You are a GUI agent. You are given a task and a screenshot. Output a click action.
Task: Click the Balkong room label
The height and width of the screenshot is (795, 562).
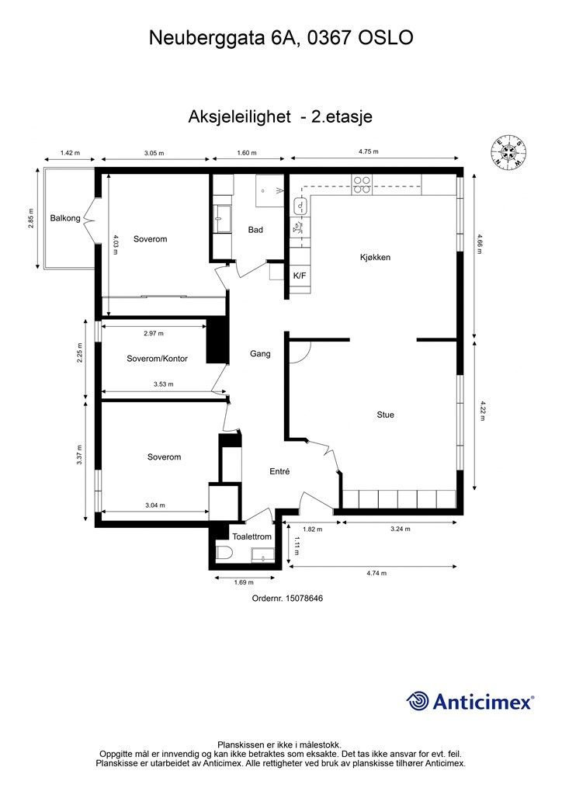pyautogui.click(x=65, y=218)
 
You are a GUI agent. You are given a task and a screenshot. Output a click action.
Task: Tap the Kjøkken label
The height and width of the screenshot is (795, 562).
pyautogui.click(x=375, y=257)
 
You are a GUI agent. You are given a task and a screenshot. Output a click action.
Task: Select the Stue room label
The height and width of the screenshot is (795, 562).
pyautogui.click(x=385, y=415)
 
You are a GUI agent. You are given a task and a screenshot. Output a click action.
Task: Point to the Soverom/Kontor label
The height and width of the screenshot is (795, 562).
pyautogui.click(x=157, y=359)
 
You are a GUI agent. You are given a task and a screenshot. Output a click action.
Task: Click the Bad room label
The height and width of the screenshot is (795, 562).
pyautogui.click(x=255, y=230)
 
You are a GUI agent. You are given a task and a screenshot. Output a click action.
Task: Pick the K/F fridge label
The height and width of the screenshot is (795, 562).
pyautogui.click(x=300, y=276)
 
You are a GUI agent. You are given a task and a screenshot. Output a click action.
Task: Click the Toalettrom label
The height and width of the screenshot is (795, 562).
pyautogui.click(x=252, y=536)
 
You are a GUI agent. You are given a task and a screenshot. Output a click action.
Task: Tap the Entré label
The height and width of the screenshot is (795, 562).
pyautogui.click(x=279, y=471)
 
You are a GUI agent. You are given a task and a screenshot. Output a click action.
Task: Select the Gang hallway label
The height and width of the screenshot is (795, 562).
pyautogui.click(x=260, y=354)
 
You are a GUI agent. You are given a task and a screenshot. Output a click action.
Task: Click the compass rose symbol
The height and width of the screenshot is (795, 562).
pyautogui.click(x=508, y=152)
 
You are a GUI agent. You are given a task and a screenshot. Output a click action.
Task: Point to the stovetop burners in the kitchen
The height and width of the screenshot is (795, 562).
pyautogui.click(x=362, y=185)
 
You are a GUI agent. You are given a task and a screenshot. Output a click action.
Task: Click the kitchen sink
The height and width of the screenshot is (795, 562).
pyautogui.click(x=300, y=206)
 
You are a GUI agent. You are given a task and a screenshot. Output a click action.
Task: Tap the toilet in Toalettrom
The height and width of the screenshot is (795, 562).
pyautogui.click(x=224, y=554)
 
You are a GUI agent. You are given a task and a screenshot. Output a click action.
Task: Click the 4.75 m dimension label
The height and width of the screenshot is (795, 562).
pyautogui.click(x=369, y=151)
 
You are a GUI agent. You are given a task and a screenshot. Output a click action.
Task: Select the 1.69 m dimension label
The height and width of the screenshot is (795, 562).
pyautogui.click(x=244, y=582)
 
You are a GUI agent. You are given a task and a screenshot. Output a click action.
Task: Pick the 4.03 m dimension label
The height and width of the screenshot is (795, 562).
pyautogui.click(x=116, y=245)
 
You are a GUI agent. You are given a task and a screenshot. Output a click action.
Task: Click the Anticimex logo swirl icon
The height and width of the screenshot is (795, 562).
pyautogui.click(x=418, y=702)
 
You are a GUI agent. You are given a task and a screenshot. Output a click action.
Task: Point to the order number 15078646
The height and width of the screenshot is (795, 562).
pyautogui.click(x=304, y=598)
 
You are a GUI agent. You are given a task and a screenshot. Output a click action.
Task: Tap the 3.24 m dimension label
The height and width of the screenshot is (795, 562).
pyautogui.click(x=401, y=529)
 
